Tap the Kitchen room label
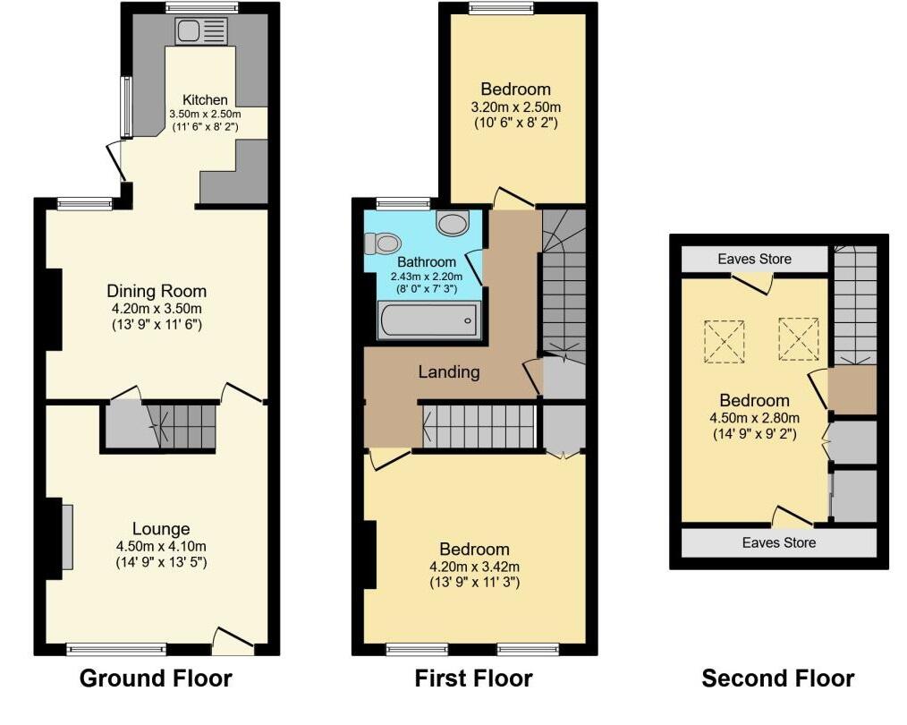(x=205, y=99)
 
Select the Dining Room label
(x=157, y=291)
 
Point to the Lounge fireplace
(x=67, y=536)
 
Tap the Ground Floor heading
(x=156, y=678)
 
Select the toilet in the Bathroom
(x=386, y=243)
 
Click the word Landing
(x=449, y=371)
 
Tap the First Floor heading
(x=473, y=678)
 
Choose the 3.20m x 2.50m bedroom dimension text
(x=515, y=107)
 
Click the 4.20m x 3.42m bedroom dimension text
(x=474, y=566)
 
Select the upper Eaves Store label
(x=754, y=260)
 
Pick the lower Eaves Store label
(x=778, y=542)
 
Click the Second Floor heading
(x=777, y=678)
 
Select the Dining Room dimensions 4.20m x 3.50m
(x=157, y=308)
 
